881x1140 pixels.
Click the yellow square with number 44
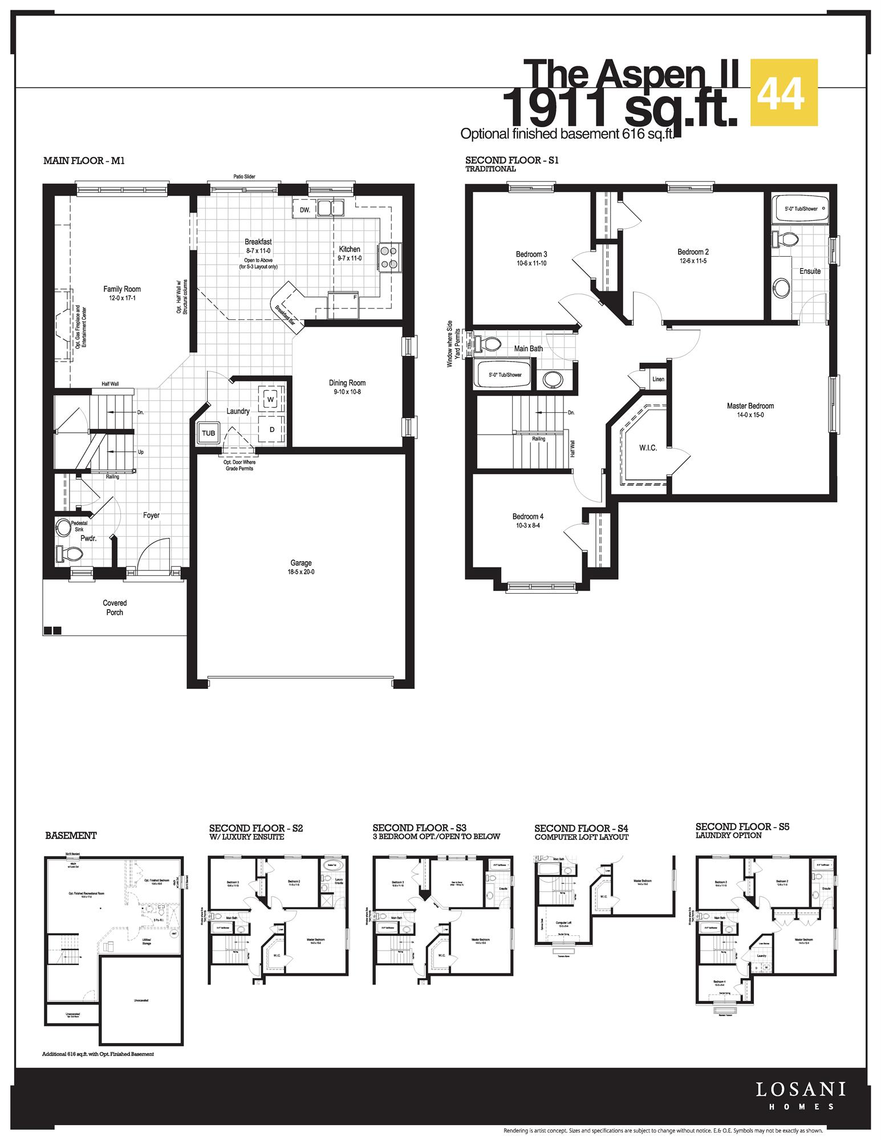[x=784, y=92]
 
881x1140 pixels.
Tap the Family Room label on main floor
[x=121, y=289]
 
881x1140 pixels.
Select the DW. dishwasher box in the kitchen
[x=305, y=210]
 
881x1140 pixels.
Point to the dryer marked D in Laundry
[x=271, y=429]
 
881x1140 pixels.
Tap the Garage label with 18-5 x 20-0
[x=301, y=563]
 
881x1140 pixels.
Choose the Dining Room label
[x=347, y=383]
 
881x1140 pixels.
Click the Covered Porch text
[x=115, y=607]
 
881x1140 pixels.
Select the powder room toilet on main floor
[x=70, y=552]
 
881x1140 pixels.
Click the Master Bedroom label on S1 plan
[x=750, y=406]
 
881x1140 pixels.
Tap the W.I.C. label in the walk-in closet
[x=648, y=448]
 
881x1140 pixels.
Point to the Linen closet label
[x=658, y=379]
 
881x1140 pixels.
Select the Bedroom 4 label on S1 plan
[x=528, y=517]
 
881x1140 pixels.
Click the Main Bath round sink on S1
[x=553, y=379]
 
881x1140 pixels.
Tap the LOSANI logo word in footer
[x=801, y=1089]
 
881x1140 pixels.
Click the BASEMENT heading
[x=71, y=835]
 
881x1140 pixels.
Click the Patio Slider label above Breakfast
[x=244, y=177]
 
